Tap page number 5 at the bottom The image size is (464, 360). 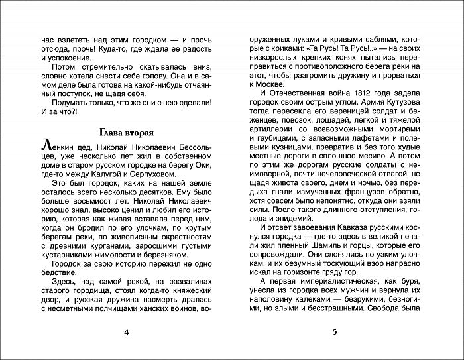click(x=335, y=331)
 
